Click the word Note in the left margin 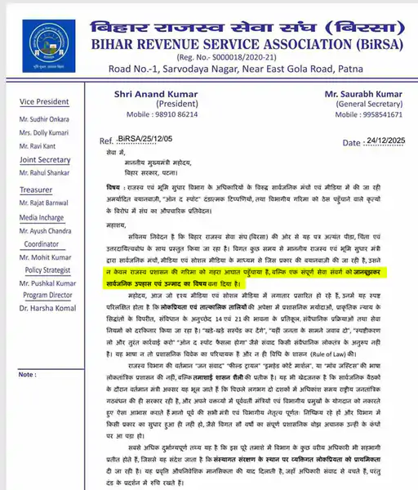(x=27, y=352)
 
